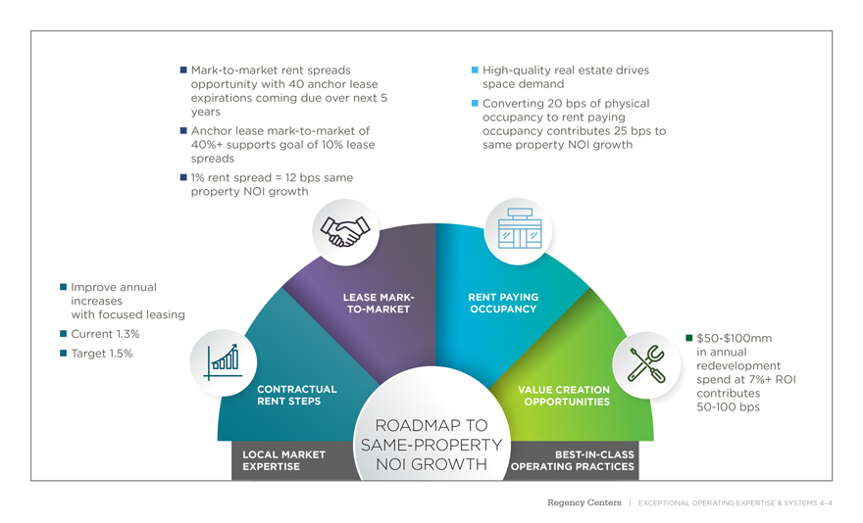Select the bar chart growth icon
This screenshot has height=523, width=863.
pos(224,359)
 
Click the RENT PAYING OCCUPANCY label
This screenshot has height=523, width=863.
pos(503,303)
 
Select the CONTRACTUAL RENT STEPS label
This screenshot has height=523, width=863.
pos(296,395)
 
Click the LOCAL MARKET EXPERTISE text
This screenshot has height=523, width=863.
pos(283,460)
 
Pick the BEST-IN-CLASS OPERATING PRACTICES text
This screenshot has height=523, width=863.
pos(573,460)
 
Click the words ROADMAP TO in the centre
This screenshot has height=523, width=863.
pos(431,426)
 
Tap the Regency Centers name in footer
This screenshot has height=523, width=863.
pos(584,502)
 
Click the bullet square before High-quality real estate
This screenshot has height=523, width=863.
pos(475,71)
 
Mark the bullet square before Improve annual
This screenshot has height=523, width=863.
pos(63,287)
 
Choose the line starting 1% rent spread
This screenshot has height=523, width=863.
pos(271,177)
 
